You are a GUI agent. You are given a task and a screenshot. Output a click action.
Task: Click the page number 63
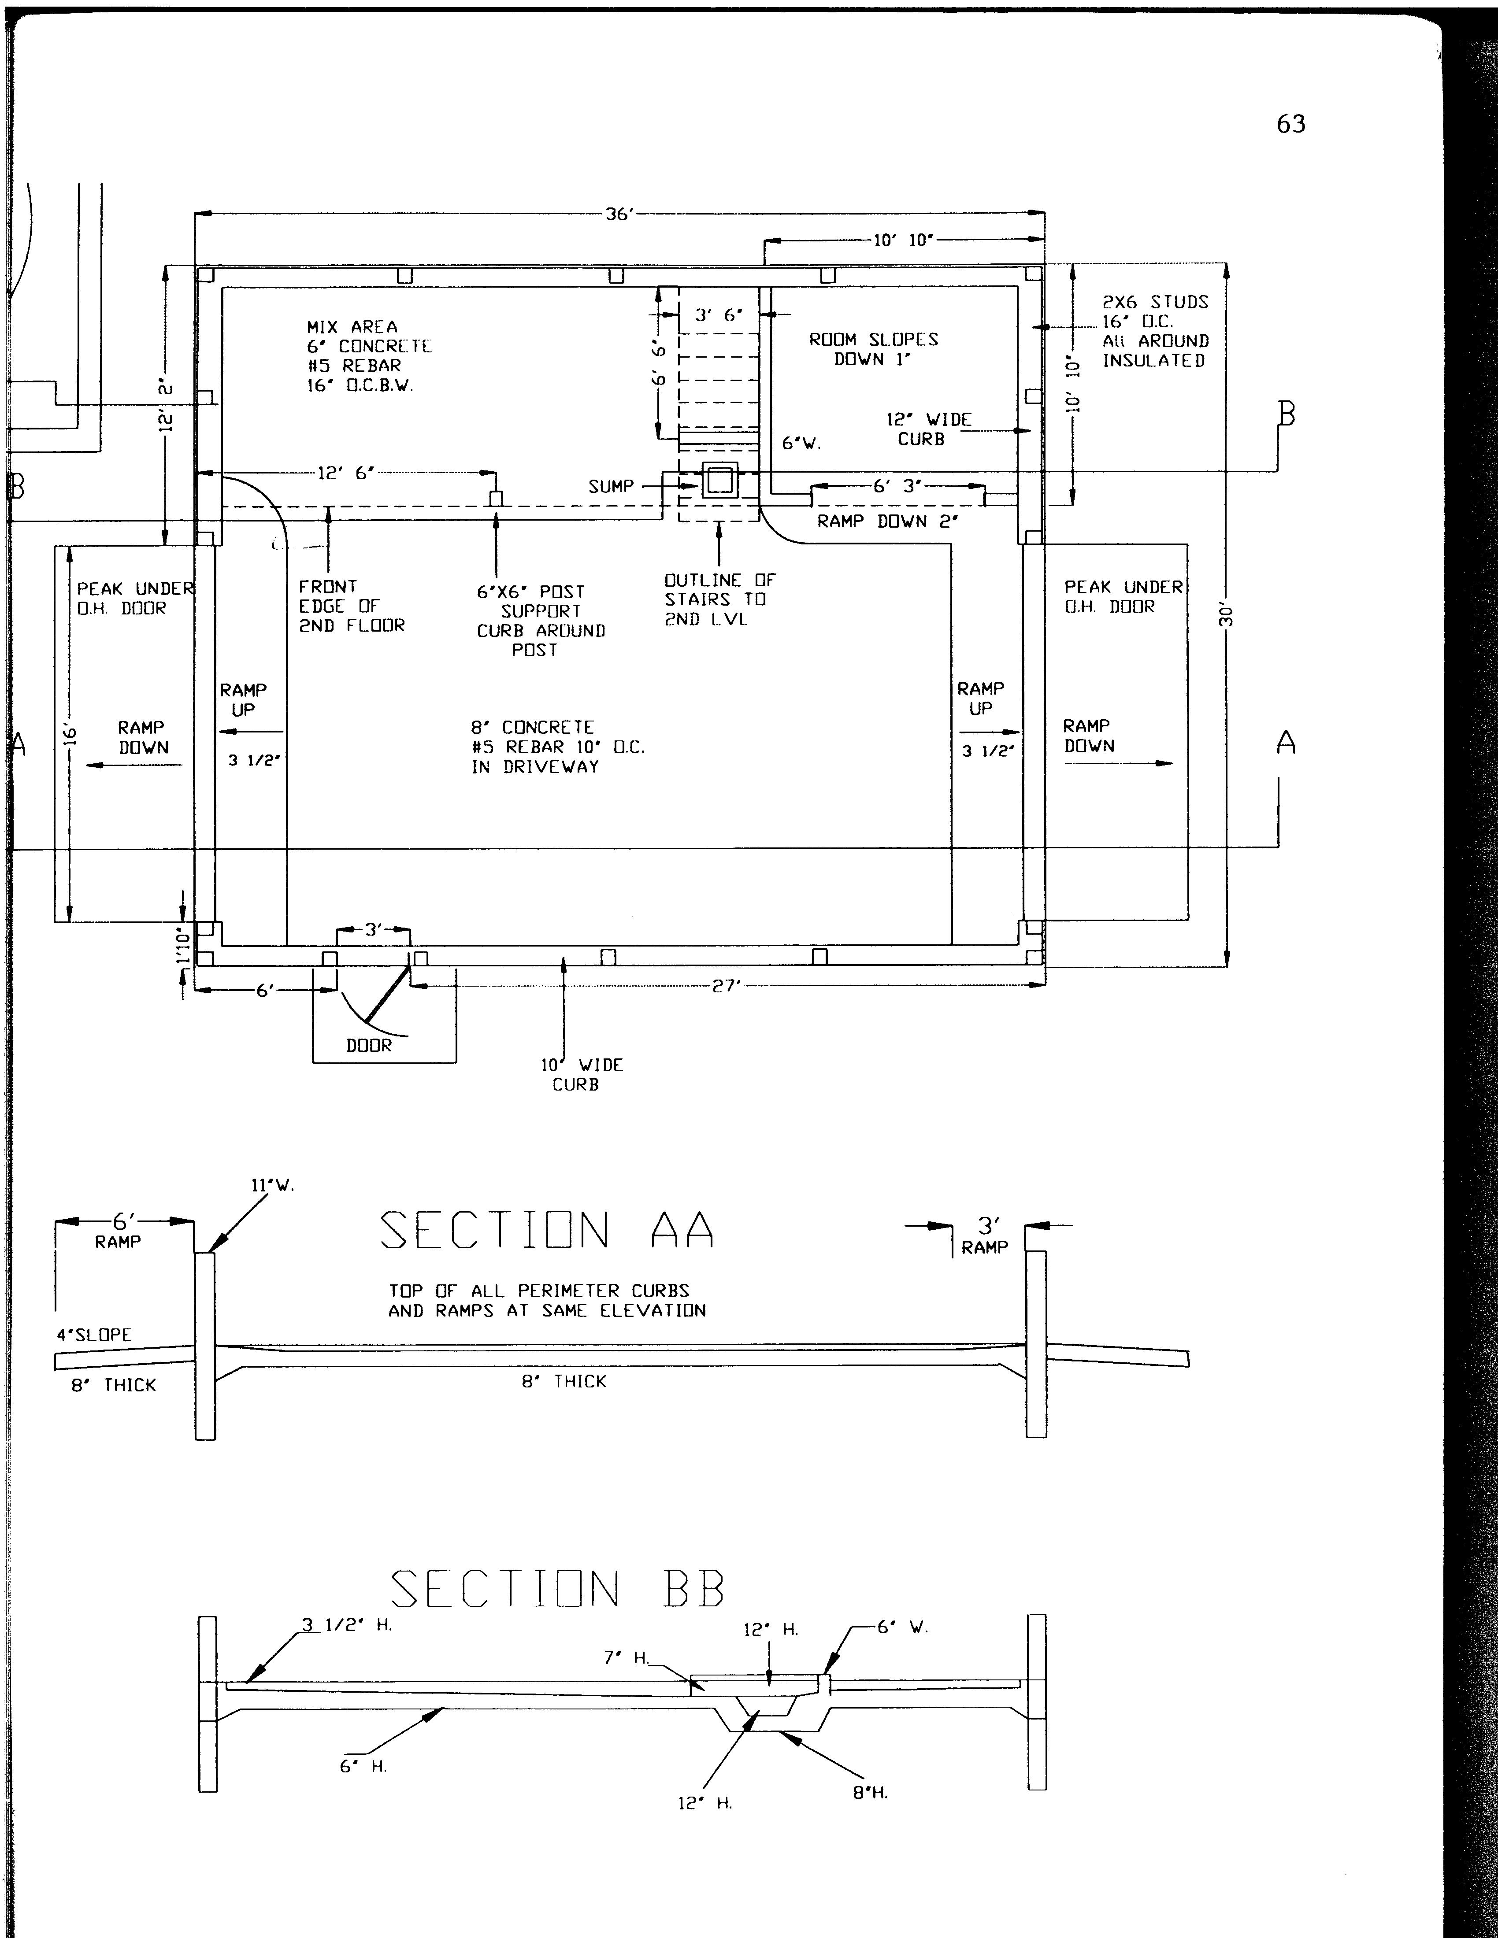(1291, 123)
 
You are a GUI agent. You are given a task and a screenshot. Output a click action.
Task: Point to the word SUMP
(612, 486)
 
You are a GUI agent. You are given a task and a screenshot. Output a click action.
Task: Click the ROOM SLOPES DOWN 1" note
(873, 349)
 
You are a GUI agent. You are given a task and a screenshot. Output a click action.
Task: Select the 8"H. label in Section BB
(870, 1793)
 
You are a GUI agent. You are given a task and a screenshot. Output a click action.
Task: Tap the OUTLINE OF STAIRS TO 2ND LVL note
(720, 599)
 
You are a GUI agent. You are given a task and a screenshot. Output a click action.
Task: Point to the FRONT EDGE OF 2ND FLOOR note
(352, 606)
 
